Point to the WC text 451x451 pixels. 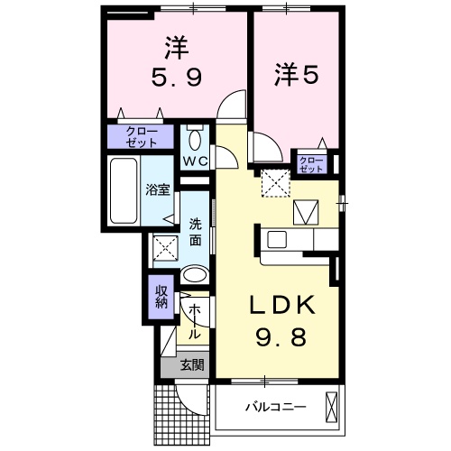pos(196,161)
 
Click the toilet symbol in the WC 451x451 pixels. pos(196,139)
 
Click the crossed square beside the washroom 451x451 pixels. pos(164,245)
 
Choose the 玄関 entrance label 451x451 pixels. pos(190,365)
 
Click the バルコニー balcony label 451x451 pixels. pos(275,407)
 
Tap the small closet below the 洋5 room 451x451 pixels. pos(310,163)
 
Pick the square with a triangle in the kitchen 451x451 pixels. pos(306,212)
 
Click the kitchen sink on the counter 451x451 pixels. pos(277,240)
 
